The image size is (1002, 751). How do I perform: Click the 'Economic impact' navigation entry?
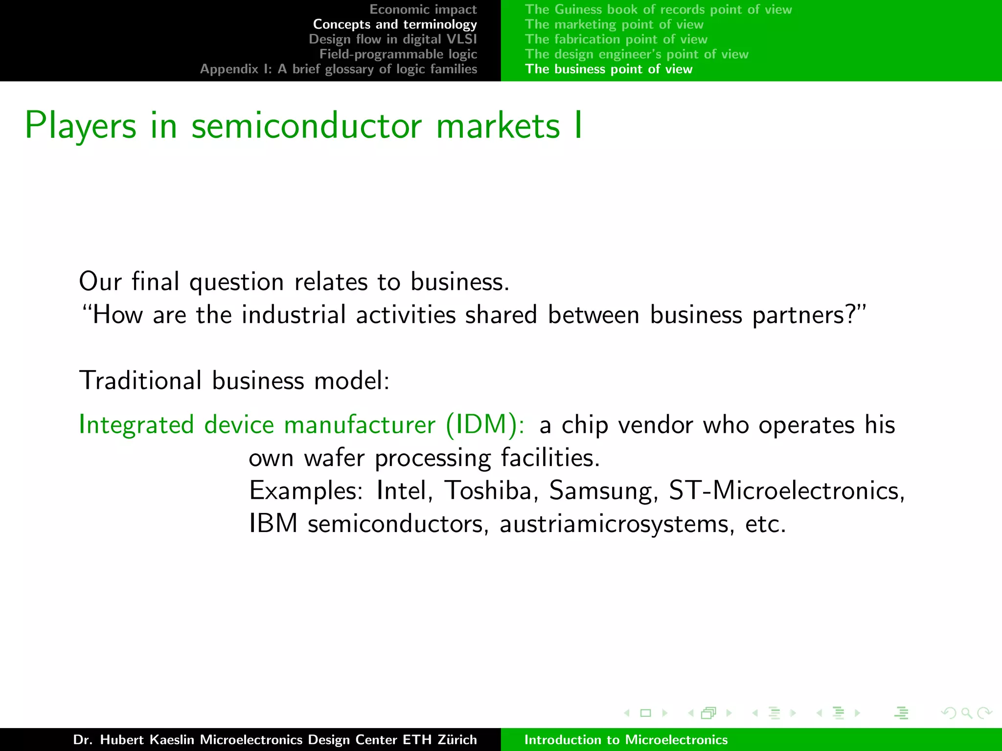[423, 9]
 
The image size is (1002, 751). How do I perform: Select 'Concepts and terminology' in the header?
[394, 24]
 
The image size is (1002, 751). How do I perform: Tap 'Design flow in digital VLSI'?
[392, 39]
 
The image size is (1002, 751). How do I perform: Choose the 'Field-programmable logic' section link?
[398, 54]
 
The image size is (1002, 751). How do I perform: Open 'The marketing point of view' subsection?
[614, 24]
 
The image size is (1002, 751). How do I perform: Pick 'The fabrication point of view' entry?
[616, 39]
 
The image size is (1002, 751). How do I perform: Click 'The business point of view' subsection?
[609, 69]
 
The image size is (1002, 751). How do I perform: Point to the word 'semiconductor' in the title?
[306, 126]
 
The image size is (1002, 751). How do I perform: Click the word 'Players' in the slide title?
[80, 126]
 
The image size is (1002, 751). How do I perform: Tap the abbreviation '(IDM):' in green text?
[485, 424]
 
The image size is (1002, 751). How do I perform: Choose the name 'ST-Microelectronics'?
[787, 490]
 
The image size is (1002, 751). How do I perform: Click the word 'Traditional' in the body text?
[140, 380]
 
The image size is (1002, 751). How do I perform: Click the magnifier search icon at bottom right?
[966, 713]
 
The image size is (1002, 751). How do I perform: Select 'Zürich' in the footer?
[457, 740]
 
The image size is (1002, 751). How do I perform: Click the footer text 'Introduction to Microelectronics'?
[626, 740]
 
